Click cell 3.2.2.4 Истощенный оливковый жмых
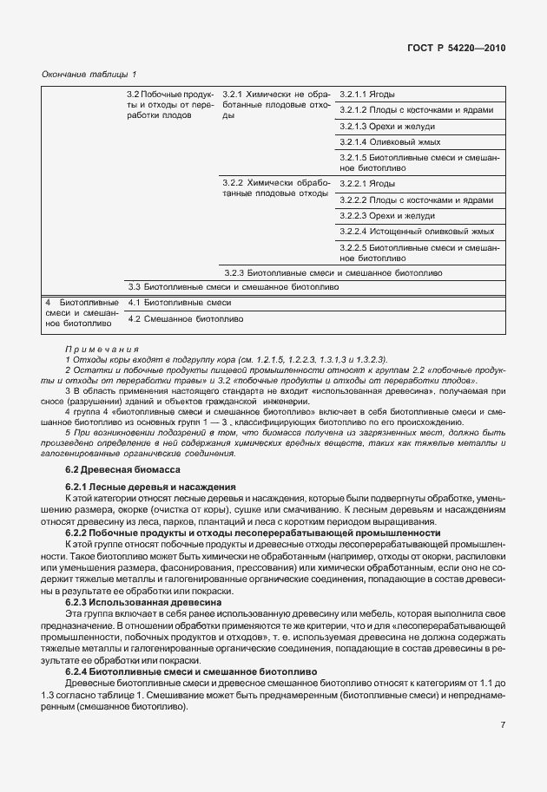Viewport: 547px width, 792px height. (417, 232)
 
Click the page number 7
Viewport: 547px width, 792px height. (502, 725)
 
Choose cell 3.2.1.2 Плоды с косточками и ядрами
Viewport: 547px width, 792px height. (416, 110)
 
